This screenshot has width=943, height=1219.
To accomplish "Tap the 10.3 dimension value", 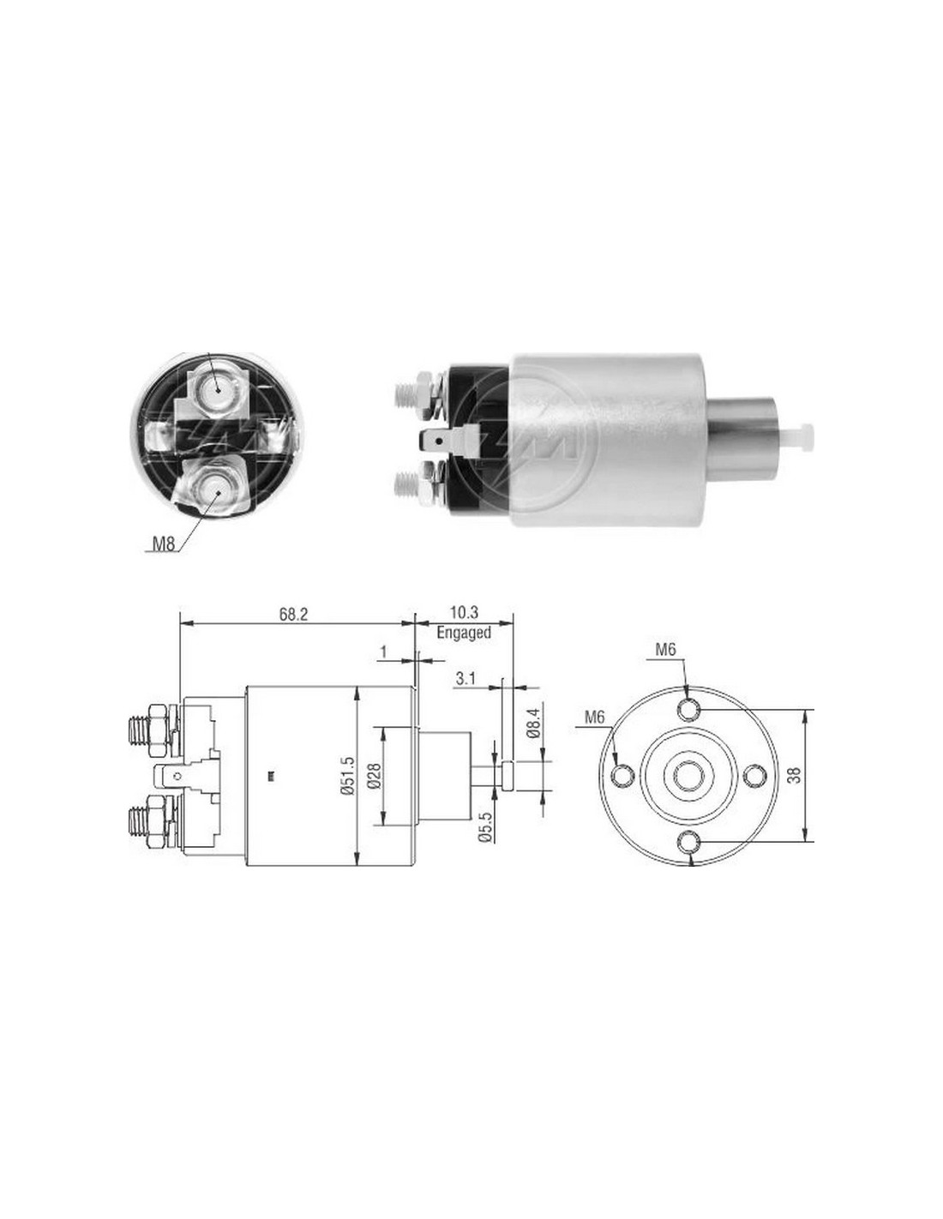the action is click(464, 612).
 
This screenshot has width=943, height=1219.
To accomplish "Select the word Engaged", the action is click(464, 633).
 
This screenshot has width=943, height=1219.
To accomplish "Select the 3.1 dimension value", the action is click(465, 679).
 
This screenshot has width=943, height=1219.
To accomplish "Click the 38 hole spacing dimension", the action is click(796, 774).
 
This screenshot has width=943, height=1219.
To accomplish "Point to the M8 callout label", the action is click(164, 543).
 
